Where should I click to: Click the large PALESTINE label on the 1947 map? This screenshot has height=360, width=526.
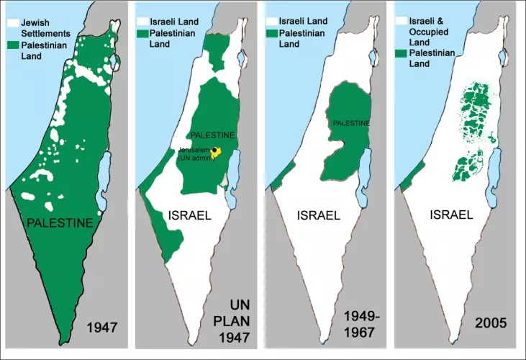coord(60,223)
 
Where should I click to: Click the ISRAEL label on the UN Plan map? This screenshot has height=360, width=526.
coord(189,214)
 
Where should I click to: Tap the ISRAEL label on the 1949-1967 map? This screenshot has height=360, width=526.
coord(319,214)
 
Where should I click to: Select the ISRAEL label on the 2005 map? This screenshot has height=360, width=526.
coord(450,214)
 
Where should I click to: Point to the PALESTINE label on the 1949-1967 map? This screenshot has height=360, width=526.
coord(350,123)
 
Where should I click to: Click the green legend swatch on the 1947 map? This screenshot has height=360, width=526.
coord(14,46)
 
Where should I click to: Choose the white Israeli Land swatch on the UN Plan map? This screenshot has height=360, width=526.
coord(143,22)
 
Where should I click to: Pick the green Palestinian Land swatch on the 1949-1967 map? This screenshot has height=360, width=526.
coord(273,33)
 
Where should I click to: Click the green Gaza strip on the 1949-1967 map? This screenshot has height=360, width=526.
coord(278,174)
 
